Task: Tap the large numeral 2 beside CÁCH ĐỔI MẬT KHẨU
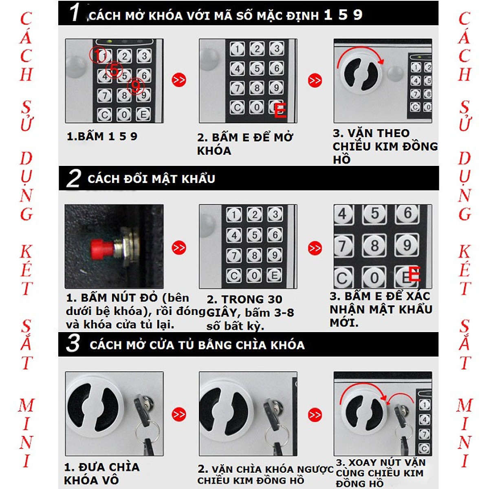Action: pos(74,178)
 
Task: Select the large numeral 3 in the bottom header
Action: pos(73,344)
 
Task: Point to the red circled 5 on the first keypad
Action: pos(114,70)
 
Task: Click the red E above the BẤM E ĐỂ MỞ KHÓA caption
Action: pos(280,111)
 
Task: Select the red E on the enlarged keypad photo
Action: pos(414,274)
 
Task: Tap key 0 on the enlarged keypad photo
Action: pos(374,278)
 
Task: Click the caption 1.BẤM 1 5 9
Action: pos(102,136)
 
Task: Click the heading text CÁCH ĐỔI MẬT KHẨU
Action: pos(151,179)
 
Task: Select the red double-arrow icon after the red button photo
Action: pos(179,248)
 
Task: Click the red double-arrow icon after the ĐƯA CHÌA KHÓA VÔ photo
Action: pos(179,414)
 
